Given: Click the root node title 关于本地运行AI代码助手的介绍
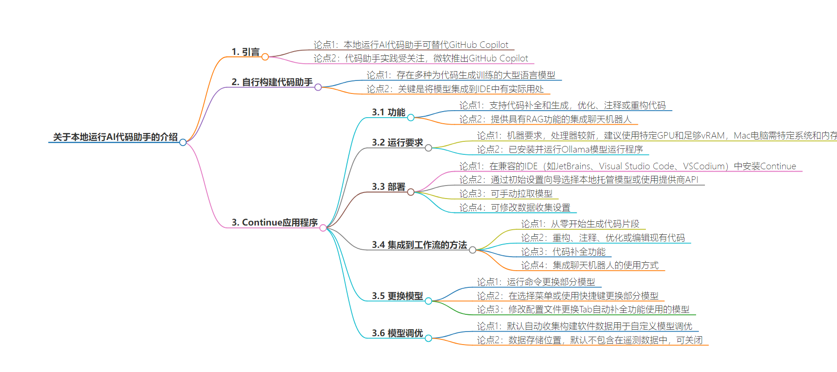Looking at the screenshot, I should point(115,137).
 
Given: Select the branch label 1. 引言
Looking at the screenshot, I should point(246,52).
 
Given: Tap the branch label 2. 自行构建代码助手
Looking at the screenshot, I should point(272,82).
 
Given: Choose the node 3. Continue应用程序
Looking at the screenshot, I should point(275,222).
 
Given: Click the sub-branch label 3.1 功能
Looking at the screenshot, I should point(388,112).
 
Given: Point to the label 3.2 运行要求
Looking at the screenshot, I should point(397,142).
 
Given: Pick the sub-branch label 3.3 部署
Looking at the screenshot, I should point(388,186).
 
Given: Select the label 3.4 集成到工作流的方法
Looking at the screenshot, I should point(419,245).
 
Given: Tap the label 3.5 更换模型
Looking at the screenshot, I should point(397,296).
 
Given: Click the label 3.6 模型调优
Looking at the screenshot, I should point(397,333).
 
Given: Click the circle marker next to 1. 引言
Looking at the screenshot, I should point(265,57).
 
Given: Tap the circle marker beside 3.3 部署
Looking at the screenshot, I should point(411,192).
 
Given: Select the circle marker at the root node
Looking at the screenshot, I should point(183,142).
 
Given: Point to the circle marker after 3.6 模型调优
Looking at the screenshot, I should point(428,339).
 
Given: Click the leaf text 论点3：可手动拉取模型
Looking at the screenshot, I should point(506,193).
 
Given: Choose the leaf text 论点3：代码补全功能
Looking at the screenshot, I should point(563,252).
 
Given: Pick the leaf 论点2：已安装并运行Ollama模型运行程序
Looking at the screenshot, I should point(560,149).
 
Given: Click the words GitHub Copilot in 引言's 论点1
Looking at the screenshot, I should point(478,45).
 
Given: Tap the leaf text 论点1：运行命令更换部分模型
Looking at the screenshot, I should point(536,282).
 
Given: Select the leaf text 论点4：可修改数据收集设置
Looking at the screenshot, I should point(515,207).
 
